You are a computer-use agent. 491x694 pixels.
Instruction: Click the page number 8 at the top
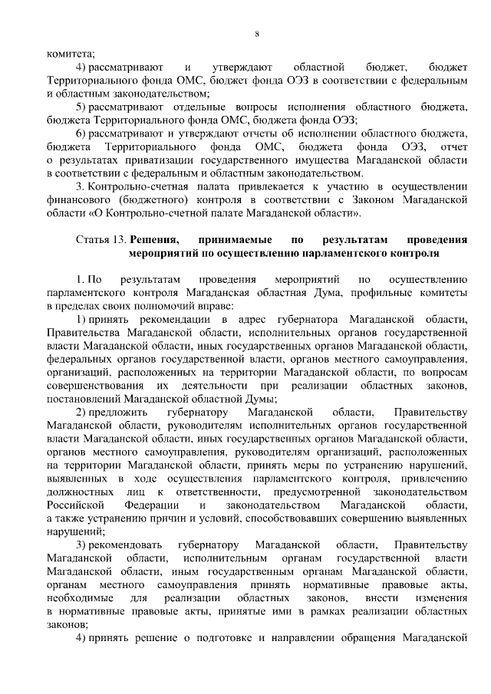257,33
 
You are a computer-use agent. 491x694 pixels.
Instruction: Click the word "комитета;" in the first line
70,54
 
